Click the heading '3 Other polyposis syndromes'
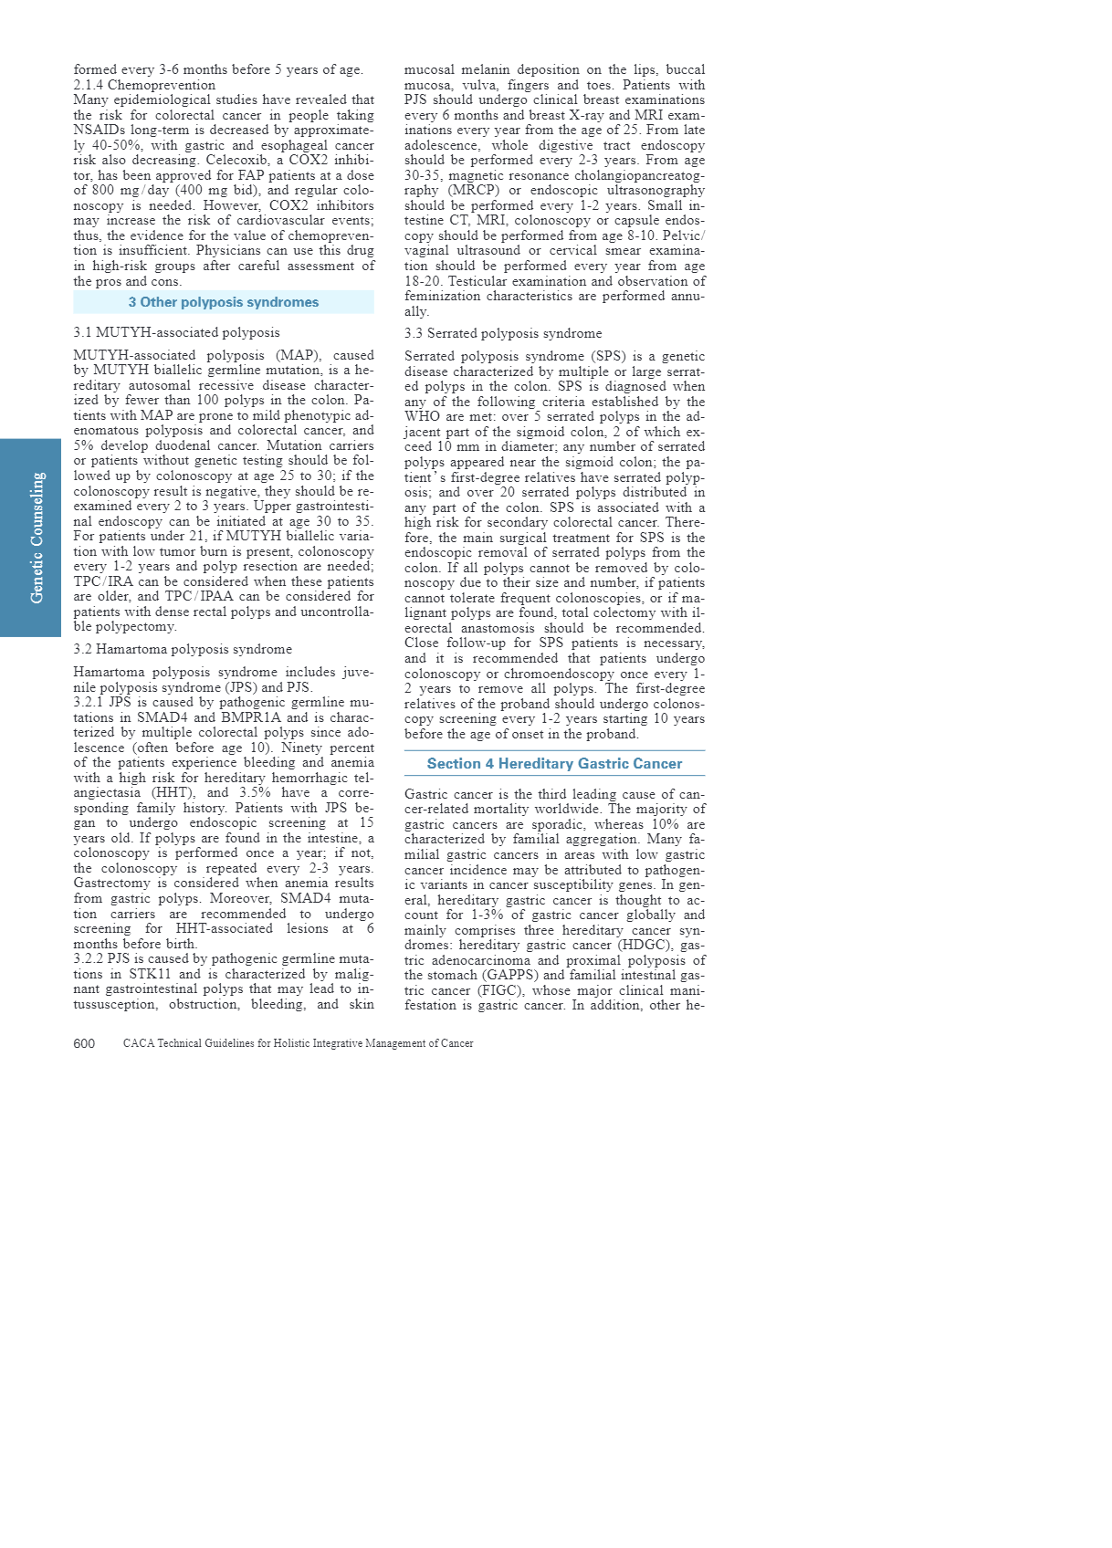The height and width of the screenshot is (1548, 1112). point(224,302)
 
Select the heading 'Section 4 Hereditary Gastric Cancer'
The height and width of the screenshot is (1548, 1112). point(554,764)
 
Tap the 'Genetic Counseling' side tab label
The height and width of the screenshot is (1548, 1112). point(37,538)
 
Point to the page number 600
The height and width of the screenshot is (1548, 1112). point(84,1043)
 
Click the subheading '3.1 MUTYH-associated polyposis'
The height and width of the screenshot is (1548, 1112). point(176,332)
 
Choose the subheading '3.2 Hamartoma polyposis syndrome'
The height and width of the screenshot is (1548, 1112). point(183,649)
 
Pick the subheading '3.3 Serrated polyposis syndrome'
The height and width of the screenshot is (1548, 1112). point(503,333)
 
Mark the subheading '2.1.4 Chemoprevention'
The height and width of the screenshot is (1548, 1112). point(144,85)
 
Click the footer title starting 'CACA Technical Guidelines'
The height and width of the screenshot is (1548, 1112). point(298,1043)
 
